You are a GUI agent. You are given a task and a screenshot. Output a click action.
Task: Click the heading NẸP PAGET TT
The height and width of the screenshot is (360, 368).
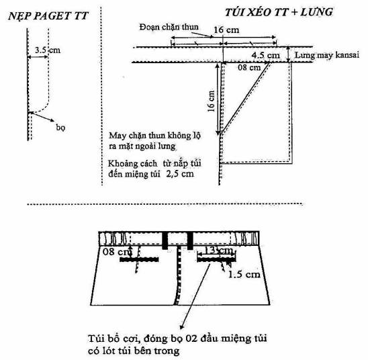48,16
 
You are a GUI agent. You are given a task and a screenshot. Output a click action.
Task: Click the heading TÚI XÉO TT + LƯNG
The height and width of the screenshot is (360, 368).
279,12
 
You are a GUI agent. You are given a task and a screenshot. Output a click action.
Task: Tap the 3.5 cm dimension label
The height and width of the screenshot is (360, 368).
48,50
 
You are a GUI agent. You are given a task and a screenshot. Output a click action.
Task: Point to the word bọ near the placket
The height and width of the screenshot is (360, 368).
60,127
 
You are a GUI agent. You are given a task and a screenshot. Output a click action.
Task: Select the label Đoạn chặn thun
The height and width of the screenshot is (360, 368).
169,27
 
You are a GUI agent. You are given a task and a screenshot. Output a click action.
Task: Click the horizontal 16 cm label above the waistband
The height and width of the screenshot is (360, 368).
226,30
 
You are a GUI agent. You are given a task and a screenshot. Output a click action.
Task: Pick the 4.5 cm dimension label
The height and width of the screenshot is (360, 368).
266,55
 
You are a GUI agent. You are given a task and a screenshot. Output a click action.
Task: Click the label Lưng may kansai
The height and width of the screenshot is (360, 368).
327,55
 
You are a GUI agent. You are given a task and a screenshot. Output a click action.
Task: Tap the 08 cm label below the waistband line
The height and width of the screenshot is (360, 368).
249,68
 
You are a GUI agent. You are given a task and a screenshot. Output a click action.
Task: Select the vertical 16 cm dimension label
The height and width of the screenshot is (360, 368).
212,101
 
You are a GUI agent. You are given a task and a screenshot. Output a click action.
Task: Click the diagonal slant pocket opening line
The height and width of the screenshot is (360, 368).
244,99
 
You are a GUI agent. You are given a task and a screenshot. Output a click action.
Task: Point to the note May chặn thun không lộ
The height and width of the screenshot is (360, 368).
154,136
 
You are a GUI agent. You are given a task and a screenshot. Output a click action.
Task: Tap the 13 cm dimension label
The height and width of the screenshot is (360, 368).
219,250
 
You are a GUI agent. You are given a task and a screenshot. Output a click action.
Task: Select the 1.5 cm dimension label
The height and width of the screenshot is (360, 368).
244,274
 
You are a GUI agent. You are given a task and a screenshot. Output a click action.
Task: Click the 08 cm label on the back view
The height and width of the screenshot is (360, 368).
116,252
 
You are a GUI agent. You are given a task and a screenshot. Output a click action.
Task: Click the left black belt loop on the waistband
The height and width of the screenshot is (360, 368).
165,240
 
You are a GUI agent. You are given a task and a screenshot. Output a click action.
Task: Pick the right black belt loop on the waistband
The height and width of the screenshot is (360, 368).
190,240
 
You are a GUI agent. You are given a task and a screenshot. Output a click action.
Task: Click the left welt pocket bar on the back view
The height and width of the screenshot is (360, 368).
139,259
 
